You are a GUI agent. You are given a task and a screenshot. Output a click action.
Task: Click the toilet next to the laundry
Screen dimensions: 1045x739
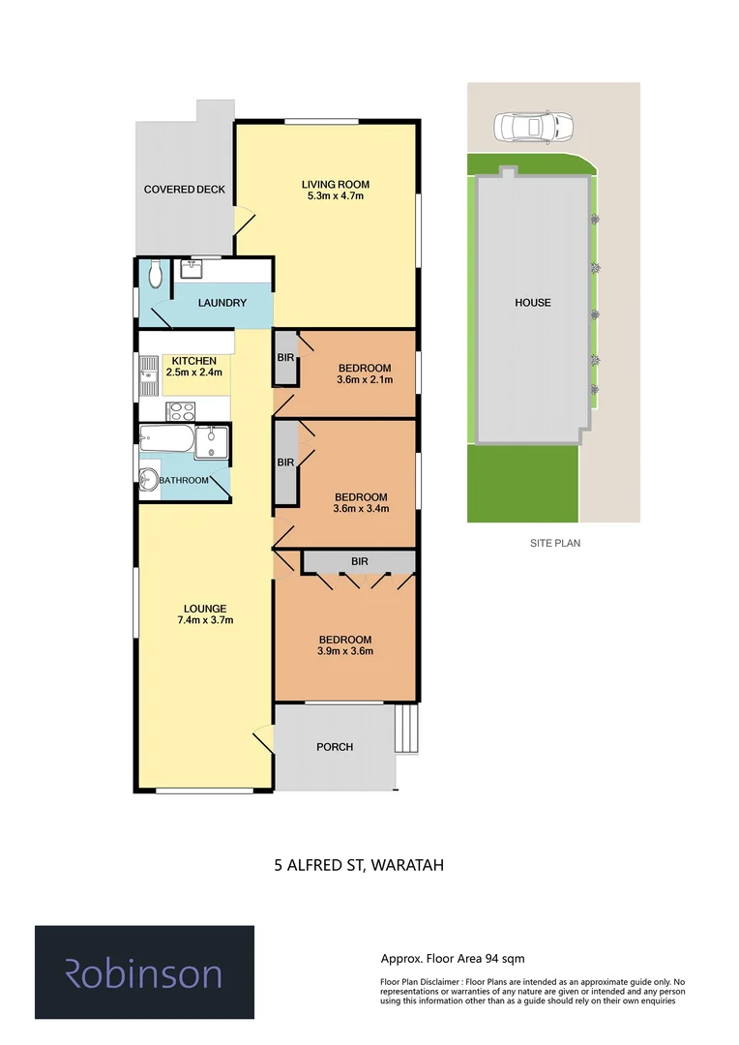click(156, 275)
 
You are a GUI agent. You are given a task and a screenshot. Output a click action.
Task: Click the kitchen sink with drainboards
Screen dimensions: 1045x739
click(149, 375)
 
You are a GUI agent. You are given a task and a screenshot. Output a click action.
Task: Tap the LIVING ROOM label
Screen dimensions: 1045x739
click(335, 185)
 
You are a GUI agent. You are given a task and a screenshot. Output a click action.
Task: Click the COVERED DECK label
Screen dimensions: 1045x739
click(184, 190)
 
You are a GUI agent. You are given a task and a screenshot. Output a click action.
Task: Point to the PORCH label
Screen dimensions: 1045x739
click(335, 747)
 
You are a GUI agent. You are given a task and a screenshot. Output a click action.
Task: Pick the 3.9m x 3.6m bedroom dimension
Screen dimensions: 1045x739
click(345, 651)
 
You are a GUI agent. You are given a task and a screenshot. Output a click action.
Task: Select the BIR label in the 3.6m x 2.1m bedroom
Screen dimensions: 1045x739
click(285, 358)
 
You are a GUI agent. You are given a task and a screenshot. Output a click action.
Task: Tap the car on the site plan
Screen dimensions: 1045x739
click(532, 127)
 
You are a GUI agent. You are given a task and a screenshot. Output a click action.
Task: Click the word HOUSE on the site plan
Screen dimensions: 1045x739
click(532, 303)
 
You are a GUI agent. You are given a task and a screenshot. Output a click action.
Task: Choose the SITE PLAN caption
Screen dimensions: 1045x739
click(554, 544)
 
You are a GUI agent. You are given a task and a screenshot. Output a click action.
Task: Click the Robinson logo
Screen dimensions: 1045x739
click(144, 972)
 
